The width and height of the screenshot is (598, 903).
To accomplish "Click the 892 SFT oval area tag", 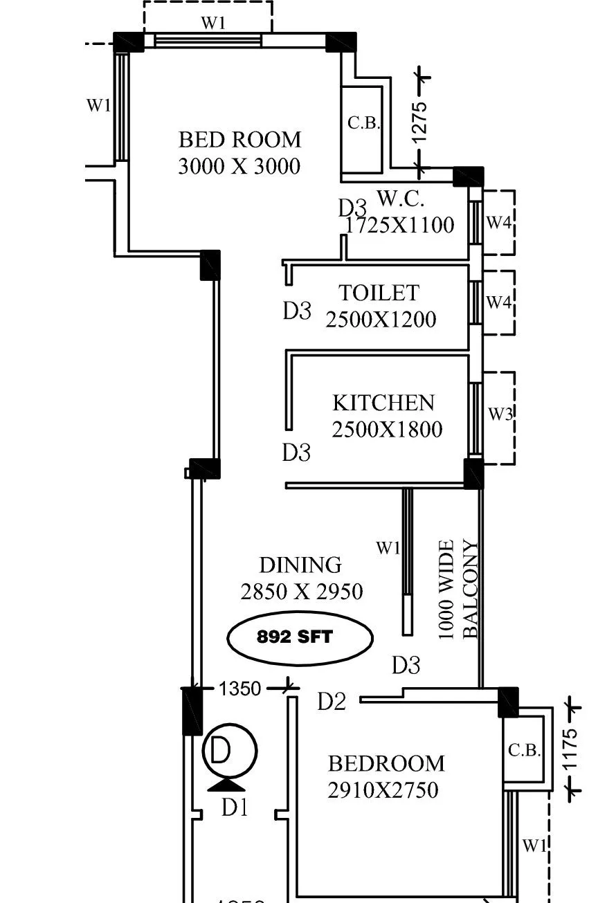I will coord(300,637).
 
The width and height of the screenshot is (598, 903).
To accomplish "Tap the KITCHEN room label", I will coord(383,403).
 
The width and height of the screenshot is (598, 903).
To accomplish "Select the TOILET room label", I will coord(379,293).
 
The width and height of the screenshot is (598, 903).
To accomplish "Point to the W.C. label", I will coord(401,199).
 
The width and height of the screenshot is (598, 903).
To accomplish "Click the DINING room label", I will coord(300,565).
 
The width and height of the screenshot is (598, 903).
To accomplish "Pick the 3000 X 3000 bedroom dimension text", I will coord(239,167).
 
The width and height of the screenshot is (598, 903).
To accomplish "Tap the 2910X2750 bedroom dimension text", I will coord(383,790).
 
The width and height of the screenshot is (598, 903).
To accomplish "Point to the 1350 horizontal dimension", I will coord(239,688).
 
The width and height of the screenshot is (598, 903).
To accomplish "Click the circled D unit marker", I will coord(229,751).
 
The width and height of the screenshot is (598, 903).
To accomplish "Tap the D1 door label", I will coord(234,807).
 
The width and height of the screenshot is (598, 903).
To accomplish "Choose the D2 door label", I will coord(332,702).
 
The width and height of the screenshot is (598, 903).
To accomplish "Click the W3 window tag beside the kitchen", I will coord(500,414).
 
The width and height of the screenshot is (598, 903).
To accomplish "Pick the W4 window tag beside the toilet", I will coord(499,302).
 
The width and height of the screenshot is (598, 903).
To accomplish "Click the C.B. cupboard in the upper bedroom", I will coord(363,124).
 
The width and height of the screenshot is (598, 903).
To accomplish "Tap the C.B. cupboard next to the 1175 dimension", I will coord(524,751).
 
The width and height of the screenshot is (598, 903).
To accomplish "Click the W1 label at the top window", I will coord(213,22).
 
